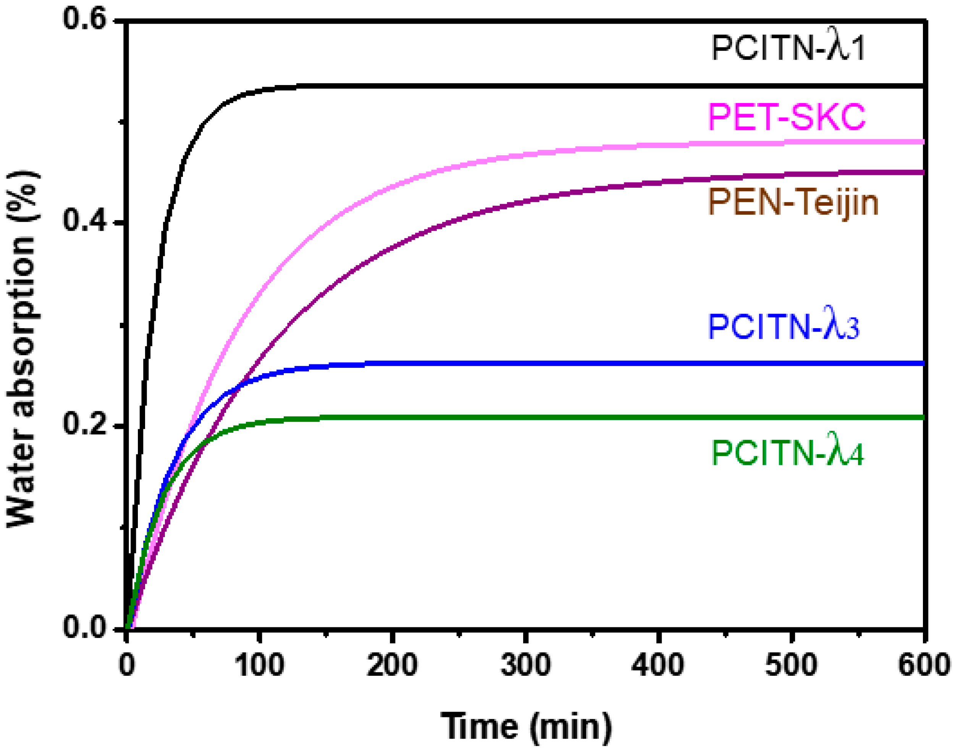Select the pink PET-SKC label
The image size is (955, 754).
tap(786, 118)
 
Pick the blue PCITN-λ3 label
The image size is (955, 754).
tap(784, 327)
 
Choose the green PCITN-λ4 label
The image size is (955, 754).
tap(787, 453)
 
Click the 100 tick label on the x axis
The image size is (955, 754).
tap(259, 665)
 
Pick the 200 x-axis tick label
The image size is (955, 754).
tap(392, 665)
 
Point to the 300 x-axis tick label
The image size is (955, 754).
tap(526, 665)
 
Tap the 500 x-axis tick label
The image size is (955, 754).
tap(791, 665)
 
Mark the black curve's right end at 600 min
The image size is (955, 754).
tap(922, 85)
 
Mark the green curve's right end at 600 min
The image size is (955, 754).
tap(922, 417)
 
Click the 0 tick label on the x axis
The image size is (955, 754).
tap(127, 665)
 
